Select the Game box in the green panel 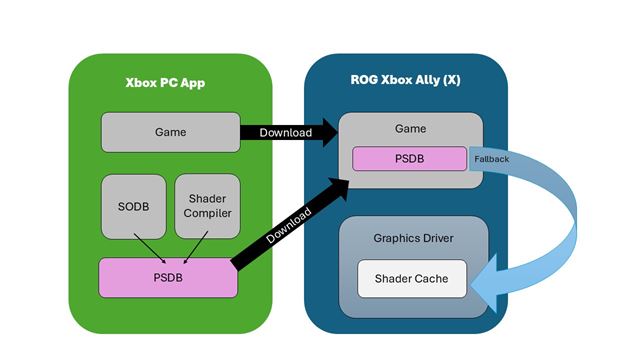(x=169, y=132)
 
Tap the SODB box (x=132, y=206)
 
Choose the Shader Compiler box (x=206, y=206)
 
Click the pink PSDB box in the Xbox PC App (x=169, y=277)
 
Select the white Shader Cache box (x=412, y=278)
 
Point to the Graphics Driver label (x=412, y=239)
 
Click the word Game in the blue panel (x=410, y=128)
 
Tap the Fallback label (x=491, y=158)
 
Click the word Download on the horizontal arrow (x=285, y=132)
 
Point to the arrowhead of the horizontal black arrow (x=329, y=132)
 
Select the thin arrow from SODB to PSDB (x=150, y=248)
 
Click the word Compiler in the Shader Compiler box (x=206, y=214)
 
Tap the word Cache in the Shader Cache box (x=434, y=278)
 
